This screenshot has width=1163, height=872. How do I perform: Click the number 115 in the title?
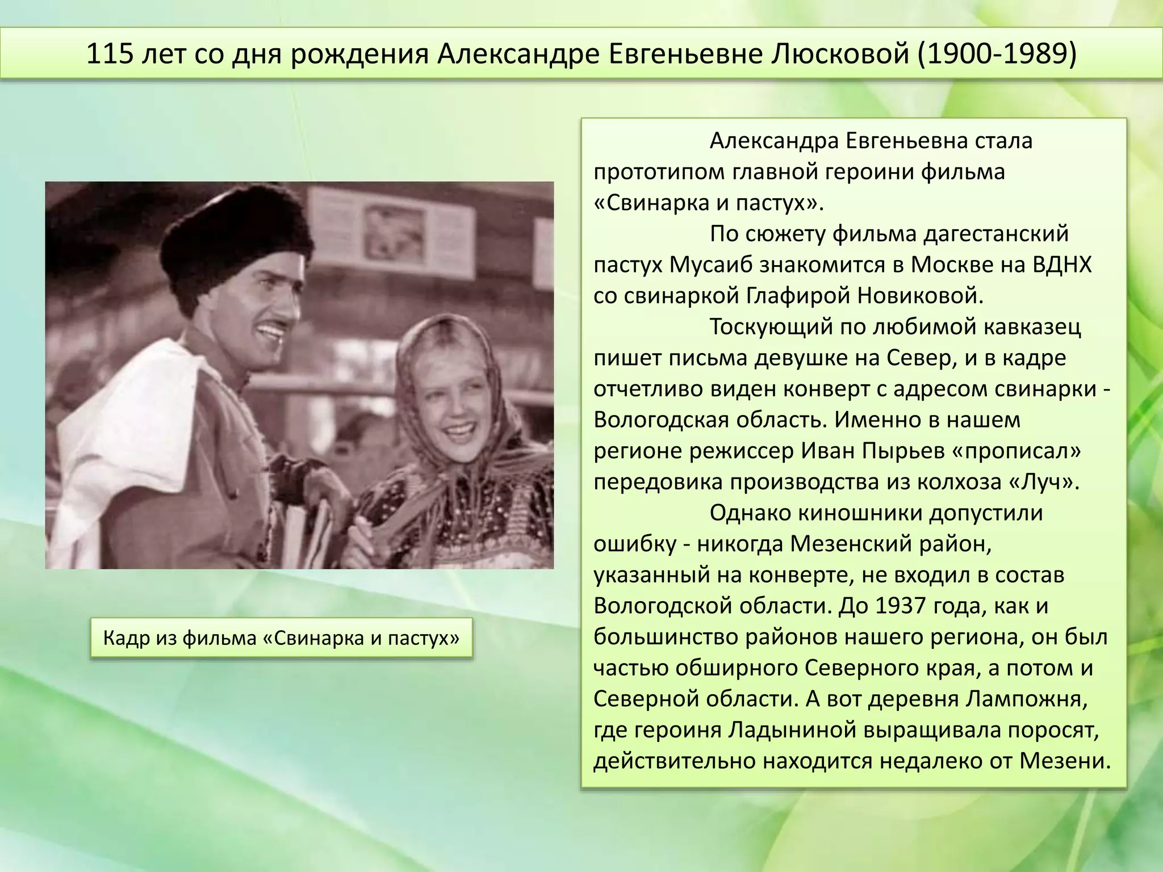click(109, 54)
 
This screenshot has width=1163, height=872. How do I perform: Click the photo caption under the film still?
click(281, 638)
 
